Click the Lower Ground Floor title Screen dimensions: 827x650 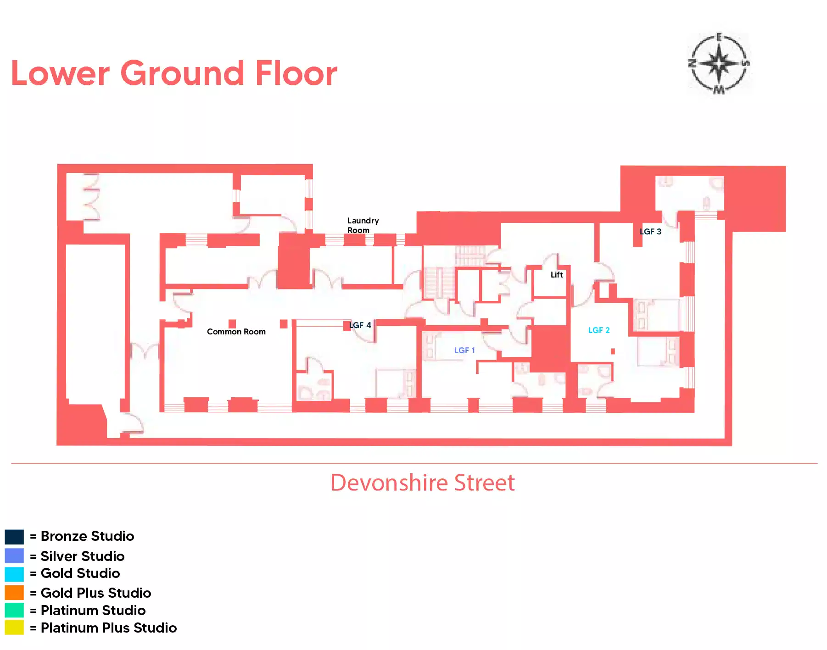(x=174, y=73)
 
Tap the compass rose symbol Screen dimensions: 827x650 (x=719, y=64)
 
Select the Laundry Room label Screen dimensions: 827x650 (x=363, y=225)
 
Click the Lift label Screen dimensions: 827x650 (x=557, y=275)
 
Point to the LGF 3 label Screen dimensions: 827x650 (x=650, y=232)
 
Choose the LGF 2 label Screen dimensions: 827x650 (x=599, y=330)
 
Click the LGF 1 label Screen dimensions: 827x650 (x=464, y=350)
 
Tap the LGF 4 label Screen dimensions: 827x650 (x=360, y=325)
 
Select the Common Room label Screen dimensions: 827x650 (x=236, y=332)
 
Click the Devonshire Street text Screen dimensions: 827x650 (x=423, y=483)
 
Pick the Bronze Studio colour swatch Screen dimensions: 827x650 (x=14, y=537)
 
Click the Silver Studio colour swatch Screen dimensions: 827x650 (x=14, y=556)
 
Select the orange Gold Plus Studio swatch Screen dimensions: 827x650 (x=14, y=593)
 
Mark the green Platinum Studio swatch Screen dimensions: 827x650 (x=14, y=610)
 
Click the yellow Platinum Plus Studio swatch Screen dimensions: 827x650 (x=14, y=628)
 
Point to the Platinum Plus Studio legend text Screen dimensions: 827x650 (x=109, y=628)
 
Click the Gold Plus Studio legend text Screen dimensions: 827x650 (x=96, y=593)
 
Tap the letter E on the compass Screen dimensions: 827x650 (x=719, y=37)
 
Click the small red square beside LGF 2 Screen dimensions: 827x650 (x=613, y=351)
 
